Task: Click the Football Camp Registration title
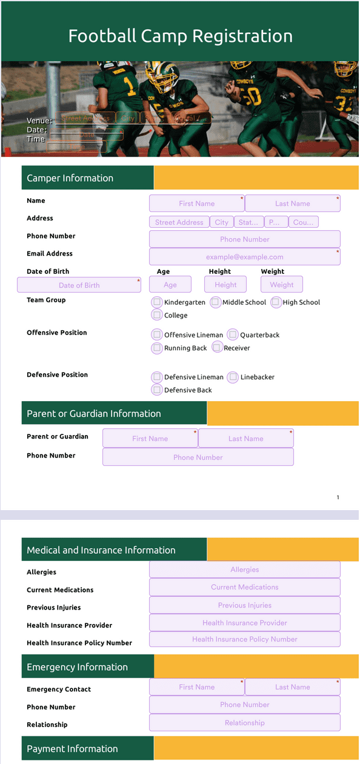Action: click(x=180, y=36)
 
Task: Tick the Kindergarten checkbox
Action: click(x=157, y=302)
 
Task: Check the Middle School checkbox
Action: click(x=215, y=302)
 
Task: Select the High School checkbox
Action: click(x=276, y=302)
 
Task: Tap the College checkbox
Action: click(x=157, y=315)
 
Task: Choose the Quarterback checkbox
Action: click(x=233, y=334)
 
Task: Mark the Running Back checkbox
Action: click(x=157, y=348)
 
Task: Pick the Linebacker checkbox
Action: click(x=233, y=377)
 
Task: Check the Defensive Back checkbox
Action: click(x=157, y=390)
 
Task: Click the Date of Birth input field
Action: click(x=79, y=285)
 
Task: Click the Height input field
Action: click(x=225, y=285)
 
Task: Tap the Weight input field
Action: click(x=281, y=285)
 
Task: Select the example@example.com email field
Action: click(x=244, y=257)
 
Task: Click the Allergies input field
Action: click(x=244, y=570)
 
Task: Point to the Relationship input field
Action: click(x=244, y=723)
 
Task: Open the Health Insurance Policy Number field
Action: click(x=244, y=639)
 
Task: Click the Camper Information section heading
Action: click(x=70, y=178)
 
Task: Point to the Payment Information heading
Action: click(x=72, y=749)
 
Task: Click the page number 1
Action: click(x=338, y=497)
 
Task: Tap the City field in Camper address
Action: click(x=221, y=222)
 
